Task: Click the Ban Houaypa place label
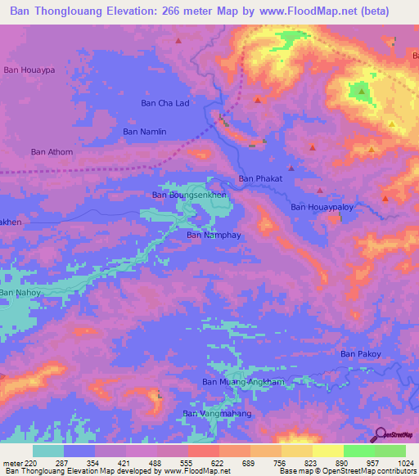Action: click(29, 70)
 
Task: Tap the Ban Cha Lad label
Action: click(165, 103)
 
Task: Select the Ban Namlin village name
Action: click(144, 131)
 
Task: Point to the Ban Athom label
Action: click(52, 151)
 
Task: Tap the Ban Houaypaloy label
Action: click(322, 208)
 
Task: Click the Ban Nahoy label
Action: click(19, 292)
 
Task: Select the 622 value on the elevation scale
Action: click(204, 463)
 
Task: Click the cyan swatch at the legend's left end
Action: click(48, 451)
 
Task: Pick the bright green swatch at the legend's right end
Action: click(390, 451)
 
